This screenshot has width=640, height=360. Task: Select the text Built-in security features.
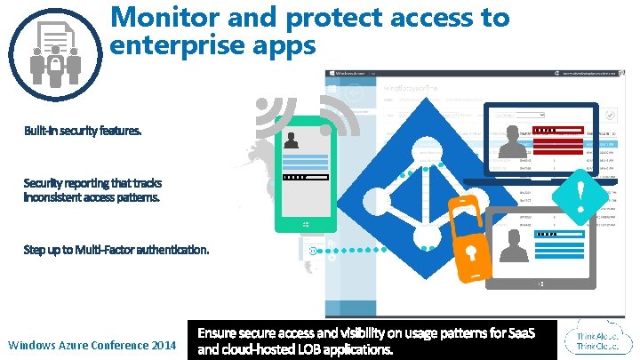[x=82, y=131]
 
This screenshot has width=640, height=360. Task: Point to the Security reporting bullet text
[x=92, y=189]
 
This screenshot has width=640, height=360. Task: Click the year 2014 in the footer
[x=157, y=344]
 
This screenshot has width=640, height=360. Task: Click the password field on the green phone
[x=306, y=177]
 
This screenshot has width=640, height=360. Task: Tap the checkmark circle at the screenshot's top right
[x=610, y=115]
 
